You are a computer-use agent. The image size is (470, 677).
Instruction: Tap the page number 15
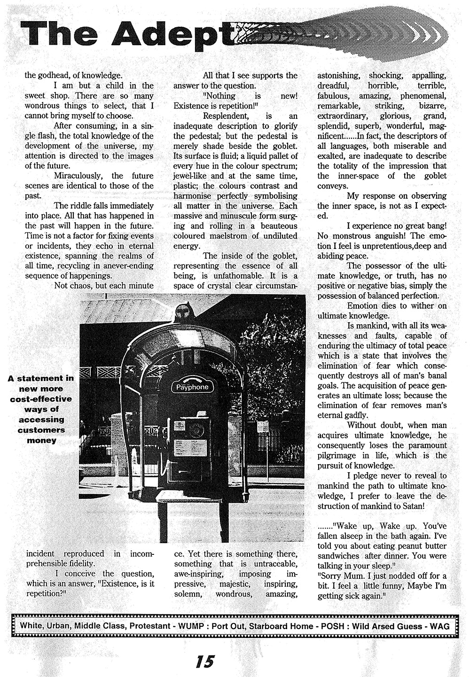click(205, 661)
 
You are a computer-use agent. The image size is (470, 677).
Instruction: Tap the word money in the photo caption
click(41, 440)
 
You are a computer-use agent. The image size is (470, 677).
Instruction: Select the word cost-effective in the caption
click(41, 399)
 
